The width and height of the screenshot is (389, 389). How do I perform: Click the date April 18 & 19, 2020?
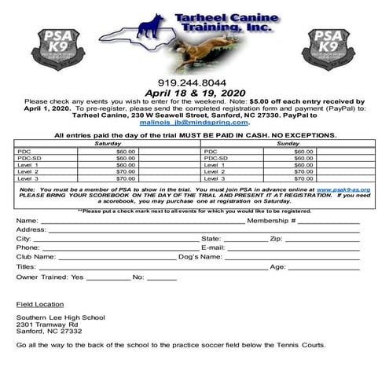194,92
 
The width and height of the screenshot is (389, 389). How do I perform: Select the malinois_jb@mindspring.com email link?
195,123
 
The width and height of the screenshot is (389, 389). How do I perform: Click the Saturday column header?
108,144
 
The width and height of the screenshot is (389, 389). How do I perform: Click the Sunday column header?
289,144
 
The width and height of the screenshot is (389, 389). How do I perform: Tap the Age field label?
277,267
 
